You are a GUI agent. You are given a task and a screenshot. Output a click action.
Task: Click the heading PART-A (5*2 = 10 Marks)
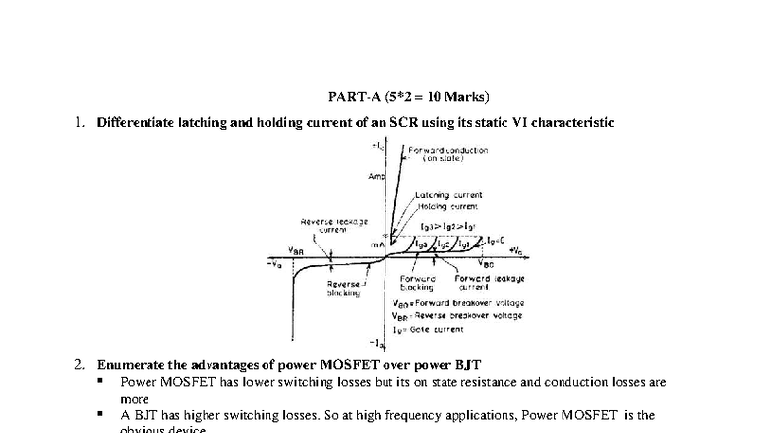408,96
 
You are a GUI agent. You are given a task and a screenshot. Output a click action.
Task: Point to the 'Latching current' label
448,196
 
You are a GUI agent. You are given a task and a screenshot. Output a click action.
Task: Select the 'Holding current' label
448,206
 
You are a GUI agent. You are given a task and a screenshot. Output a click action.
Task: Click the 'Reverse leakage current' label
333,225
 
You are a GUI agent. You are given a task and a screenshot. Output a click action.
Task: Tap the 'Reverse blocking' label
344,289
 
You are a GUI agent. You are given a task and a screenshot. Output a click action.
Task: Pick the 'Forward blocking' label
418,283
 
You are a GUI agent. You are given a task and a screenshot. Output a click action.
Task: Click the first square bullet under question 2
101,381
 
